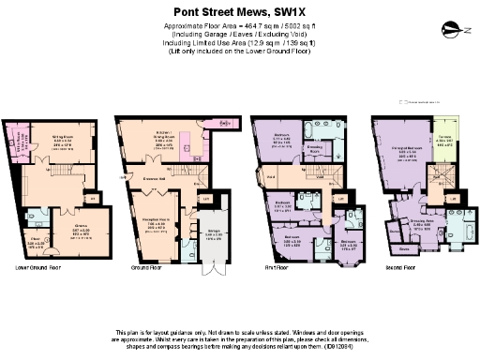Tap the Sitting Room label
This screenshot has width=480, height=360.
tap(63, 136)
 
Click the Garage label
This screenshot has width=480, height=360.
tap(214, 223)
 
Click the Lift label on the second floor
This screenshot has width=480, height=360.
tap(453, 199)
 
